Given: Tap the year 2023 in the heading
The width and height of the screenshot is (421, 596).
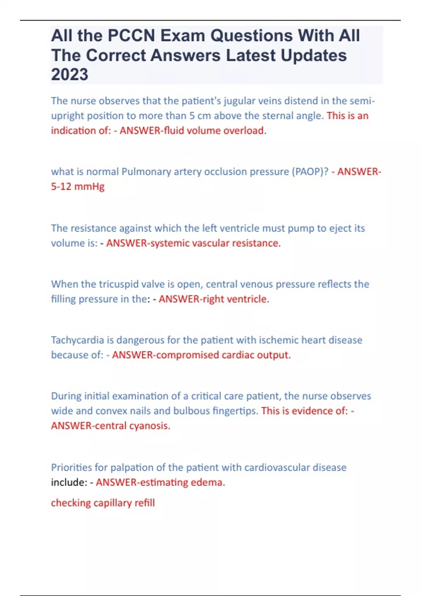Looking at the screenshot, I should pos(69,74).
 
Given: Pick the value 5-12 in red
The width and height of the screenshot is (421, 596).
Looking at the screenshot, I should pos(61,187).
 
